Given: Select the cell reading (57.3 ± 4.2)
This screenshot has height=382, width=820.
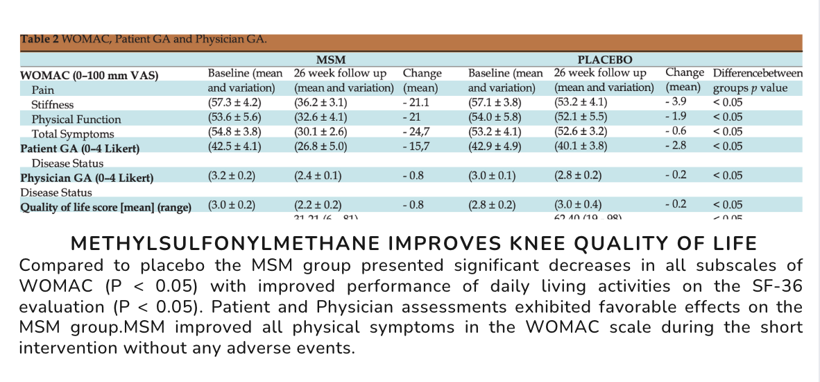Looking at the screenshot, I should (232, 103).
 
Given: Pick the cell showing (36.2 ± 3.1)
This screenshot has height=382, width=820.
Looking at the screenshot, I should (320, 103).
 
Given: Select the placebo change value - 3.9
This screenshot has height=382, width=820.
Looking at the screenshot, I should (675, 103).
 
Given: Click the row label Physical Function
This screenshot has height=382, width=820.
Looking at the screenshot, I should (76, 119).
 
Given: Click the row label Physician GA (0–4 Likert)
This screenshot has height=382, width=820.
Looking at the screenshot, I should (87, 177).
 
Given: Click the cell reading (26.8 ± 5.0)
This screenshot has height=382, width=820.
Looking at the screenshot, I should (320, 146).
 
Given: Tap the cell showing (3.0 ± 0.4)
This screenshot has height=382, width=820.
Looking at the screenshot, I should (579, 205).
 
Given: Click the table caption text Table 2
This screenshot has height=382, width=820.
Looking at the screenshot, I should (40, 39).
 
